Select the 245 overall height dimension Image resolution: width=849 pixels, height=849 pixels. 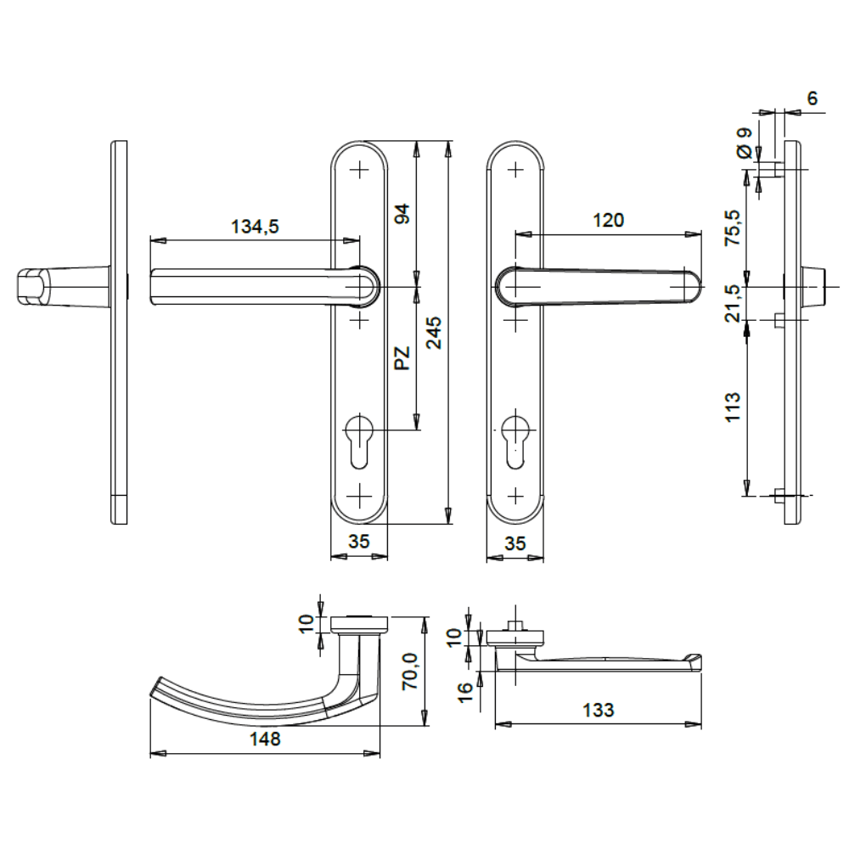click(x=435, y=335)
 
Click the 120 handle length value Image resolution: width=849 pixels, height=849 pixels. click(x=608, y=221)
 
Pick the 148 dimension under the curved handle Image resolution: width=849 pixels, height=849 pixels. click(x=264, y=739)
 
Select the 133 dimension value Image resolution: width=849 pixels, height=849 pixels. click(x=599, y=710)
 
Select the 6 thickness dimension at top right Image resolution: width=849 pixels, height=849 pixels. click(x=812, y=98)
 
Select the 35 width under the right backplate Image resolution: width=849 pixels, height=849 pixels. click(x=514, y=543)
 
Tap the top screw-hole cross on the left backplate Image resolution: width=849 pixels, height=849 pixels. click(x=360, y=167)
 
